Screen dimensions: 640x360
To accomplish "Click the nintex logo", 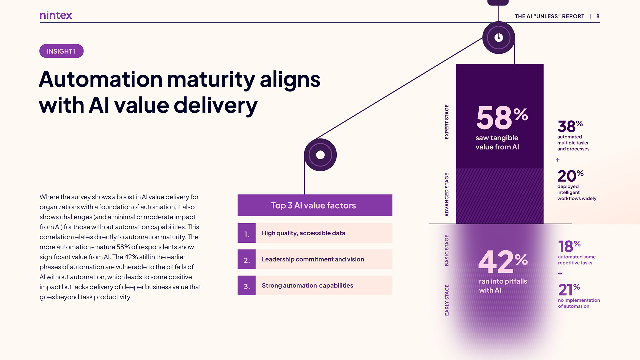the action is pyautogui.click(x=56, y=15).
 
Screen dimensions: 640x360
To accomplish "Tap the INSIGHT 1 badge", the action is pyautogui.click(x=61, y=51).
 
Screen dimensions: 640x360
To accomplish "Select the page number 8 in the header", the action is pyautogui.click(x=598, y=16).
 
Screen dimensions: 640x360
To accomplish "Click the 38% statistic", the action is pyautogui.click(x=570, y=127).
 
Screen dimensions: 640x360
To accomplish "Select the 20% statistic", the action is pyautogui.click(x=570, y=176).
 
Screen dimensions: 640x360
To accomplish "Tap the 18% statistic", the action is pyautogui.click(x=569, y=247).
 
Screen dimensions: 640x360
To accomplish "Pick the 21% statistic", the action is pyautogui.click(x=569, y=290).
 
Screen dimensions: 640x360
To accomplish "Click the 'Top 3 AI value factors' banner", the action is pyautogui.click(x=315, y=205).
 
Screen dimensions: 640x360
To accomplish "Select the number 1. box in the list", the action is pyautogui.click(x=247, y=233).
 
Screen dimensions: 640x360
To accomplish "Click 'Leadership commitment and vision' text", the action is pyautogui.click(x=313, y=259).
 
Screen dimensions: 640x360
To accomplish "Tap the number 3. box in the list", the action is pyautogui.click(x=247, y=286).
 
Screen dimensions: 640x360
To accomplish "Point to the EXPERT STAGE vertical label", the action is pyautogui.click(x=447, y=122).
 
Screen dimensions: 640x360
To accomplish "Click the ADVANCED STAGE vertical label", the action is pyautogui.click(x=447, y=194).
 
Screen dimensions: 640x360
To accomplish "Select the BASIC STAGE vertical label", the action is pyautogui.click(x=447, y=250).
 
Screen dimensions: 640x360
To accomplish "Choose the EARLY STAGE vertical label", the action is pyautogui.click(x=447, y=300).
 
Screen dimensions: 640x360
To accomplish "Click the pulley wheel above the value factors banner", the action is pyautogui.click(x=320, y=155).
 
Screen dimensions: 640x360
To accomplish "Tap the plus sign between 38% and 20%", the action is pyautogui.click(x=558, y=160).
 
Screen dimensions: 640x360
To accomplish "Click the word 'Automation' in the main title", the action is pyautogui.click(x=100, y=80).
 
